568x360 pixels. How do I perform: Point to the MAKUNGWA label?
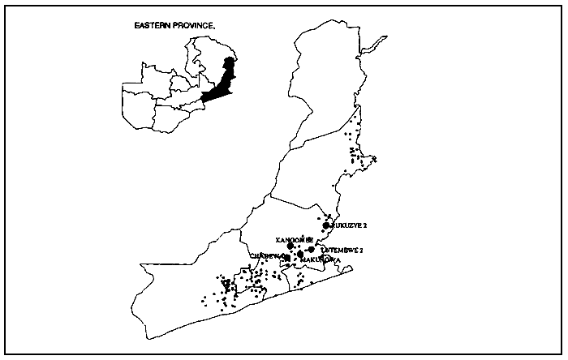click(x=320, y=259)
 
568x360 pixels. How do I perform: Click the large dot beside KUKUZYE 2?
click(x=326, y=225)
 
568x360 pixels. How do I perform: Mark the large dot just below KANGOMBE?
click(x=302, y=246)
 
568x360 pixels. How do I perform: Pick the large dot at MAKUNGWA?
click(x=301, y=255)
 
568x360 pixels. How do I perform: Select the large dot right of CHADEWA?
click(x=287, y=258)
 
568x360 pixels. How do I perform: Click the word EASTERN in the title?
click(x=153, y=26)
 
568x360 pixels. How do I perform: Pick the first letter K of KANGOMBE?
click(x=278, y=240)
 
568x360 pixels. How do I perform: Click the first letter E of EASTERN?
click(x=136, y=26)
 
